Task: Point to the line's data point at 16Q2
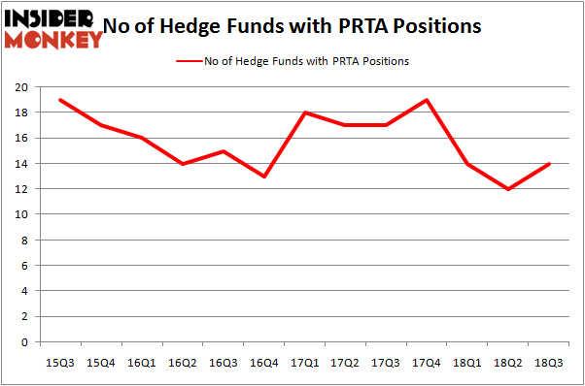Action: [182, 164]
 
